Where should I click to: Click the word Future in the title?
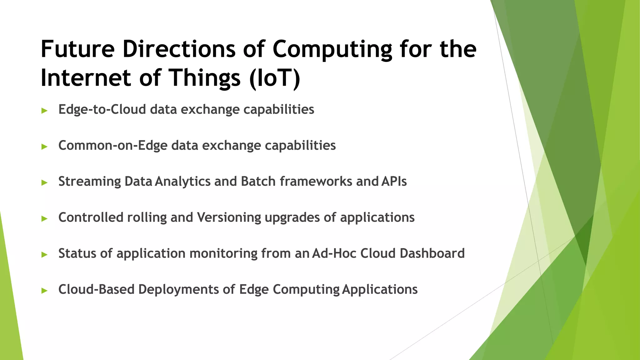(x=77, y=49)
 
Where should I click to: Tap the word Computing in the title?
(x=332, y=49)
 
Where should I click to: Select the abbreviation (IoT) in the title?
(x=275, y=78)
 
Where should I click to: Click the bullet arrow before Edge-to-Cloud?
(x=44, y=110)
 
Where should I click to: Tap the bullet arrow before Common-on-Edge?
(x=44, y=146)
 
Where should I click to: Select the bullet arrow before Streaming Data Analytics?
(x=44, y=182)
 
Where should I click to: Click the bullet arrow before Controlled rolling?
(x=44, y=218)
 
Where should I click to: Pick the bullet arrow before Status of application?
(x=44, y=254)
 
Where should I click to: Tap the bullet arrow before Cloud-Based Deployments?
(x=44, y=290)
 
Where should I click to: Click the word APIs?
(x=394, y=181)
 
